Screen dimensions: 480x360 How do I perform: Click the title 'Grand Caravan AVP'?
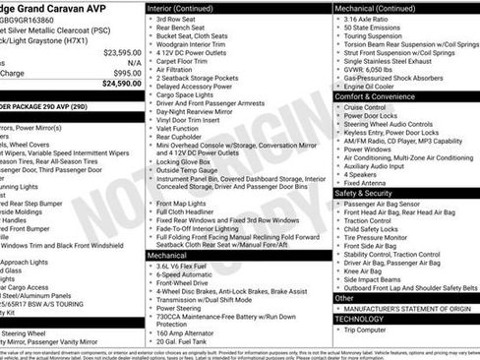pyautogui.click(x=54, y=7)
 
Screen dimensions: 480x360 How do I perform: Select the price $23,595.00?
pyautogui.click(x=122, y=52)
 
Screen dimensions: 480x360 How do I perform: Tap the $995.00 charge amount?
pyautogui.click(x=127, y=73)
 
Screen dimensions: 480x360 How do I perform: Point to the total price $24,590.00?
pyautogui.click(x=121, y=84)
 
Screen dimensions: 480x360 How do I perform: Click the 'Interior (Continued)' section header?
pyautogui.click(x=183, y=7)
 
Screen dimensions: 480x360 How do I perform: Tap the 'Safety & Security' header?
pyautogui.click(x=366, y=193)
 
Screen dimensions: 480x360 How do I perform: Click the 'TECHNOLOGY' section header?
pyautogui.click(x=360, y=318)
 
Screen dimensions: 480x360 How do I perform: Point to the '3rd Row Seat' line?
pyautogui.click(x=178, y=19)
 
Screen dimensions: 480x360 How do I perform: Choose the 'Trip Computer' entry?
pyautogui.click(x=373, y=330)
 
